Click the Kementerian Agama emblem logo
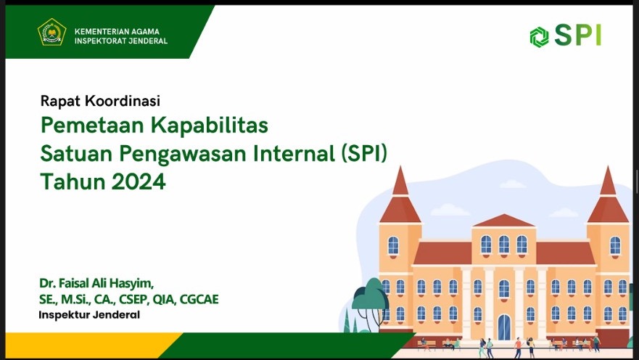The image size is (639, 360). [x=51, y=32]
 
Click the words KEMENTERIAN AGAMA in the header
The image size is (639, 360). [x=117, y=31]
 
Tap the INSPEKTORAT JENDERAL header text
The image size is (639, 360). [x=121, y=41]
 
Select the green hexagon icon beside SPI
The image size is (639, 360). [x=539, y=37]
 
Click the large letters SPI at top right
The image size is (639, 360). [x=578, y=35]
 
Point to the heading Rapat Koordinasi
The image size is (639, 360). [x=100, y=101]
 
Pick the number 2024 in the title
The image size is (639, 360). [x=139, y=181]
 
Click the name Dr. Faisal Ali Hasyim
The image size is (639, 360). [x=96, y=283]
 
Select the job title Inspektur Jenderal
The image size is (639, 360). [x=89, y=315]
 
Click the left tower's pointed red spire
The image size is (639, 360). [x=400, y=181]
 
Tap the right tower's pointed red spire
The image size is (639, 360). [x=608, y=181]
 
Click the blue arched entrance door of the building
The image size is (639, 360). [x=504, y=327]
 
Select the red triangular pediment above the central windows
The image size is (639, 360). [x=503, y=221]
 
